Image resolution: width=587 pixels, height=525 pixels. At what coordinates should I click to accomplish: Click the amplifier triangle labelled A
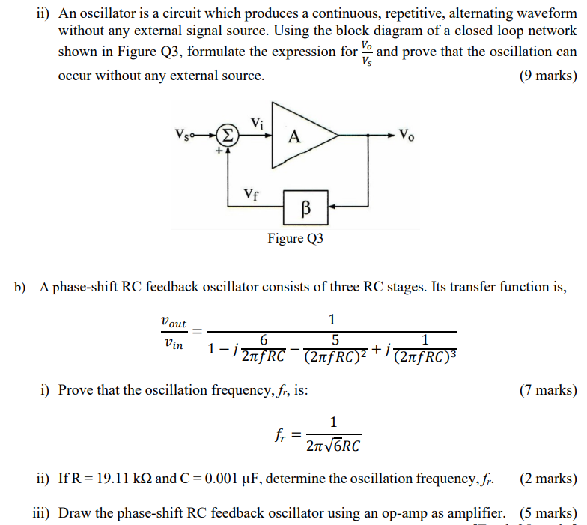[299, 136]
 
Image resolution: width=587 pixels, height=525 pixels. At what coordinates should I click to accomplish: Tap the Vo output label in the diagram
[407, 136]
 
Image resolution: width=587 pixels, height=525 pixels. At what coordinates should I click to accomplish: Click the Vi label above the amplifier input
[257, 122]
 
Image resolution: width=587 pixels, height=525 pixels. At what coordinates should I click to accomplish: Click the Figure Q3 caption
[295, 238]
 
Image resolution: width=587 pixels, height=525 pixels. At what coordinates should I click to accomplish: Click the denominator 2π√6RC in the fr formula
[333, 447]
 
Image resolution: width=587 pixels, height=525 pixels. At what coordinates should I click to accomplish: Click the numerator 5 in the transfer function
[334, 339]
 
